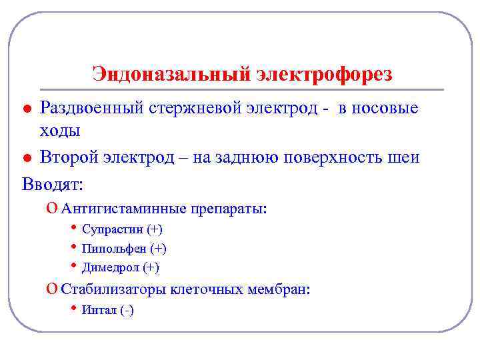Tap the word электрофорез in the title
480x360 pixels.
click(323, 74)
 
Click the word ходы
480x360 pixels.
click(60, 130)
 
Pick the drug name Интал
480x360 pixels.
click(99, 310)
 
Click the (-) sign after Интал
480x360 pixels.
click(127, 310)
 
